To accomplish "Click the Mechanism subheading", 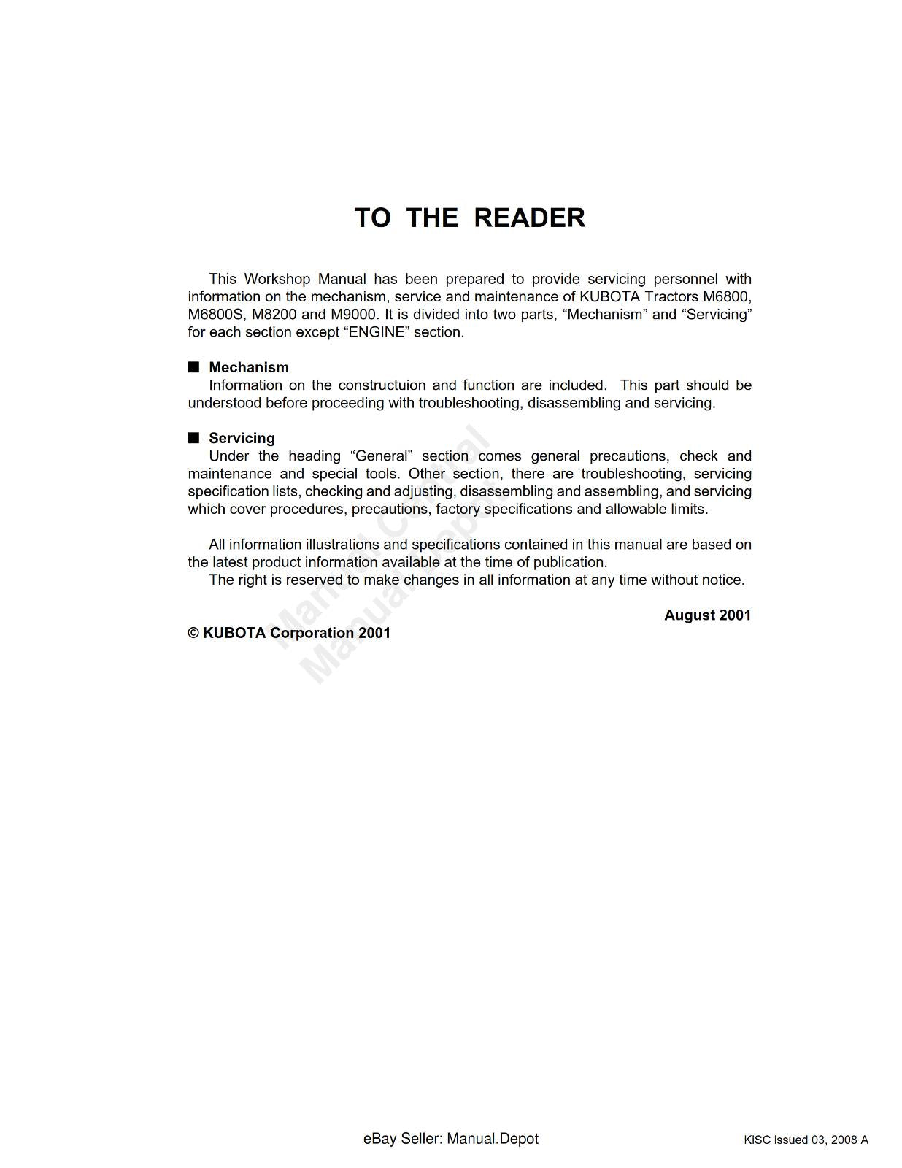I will (248, 367).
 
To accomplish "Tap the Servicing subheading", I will (242, 438).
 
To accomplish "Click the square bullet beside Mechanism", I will (193, 366).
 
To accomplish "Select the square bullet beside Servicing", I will (193, 437).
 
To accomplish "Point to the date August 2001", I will (707, 615).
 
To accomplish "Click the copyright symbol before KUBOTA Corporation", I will (193, 633).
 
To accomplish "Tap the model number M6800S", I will (215, 315).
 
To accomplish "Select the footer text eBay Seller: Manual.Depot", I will (450, 1139).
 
